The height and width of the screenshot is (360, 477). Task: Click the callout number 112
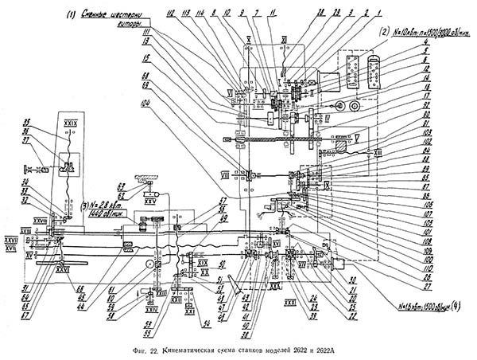coord(169,14)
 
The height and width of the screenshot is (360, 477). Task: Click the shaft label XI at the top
coord(283,38)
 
